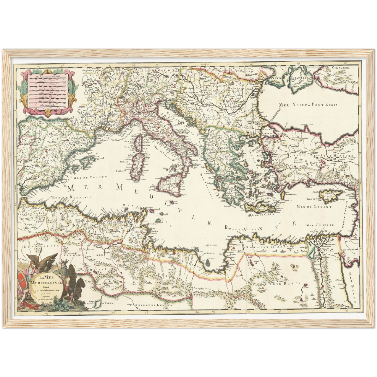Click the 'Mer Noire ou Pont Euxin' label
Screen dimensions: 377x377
point(308,105)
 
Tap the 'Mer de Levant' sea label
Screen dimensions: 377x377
point(314,207)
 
